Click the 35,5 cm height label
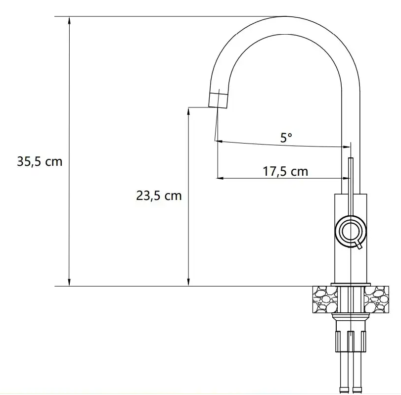coord(40,161)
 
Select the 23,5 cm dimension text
coord(159,196)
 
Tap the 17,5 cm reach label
coord(285,172)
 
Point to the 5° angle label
coord(286,138)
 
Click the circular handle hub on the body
coord(351,231)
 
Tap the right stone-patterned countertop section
coord(377,300)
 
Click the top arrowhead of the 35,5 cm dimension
coord(70,20)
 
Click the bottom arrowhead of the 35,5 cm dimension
coord(70,282)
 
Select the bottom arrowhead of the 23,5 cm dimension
coord(188,282)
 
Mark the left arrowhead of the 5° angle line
coord(220,142)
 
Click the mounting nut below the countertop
coord(351,340)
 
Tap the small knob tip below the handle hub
coord(360,246)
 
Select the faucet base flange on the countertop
coord(351,284)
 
